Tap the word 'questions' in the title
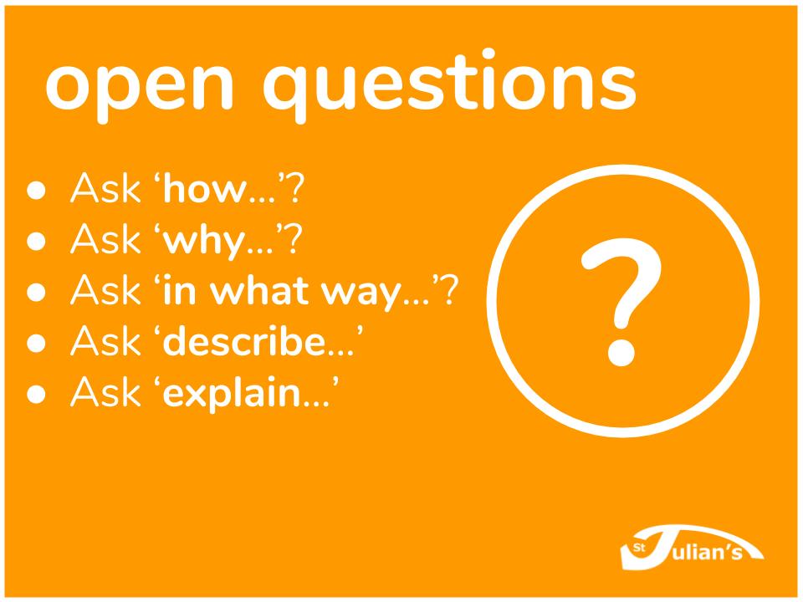(449, 85)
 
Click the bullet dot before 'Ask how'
(36, 190)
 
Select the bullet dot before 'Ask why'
(36, 241)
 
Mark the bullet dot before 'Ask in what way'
(36, 292)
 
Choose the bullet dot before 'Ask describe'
(36, 343)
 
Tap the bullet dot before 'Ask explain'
(36, 394)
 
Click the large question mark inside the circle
(621, 302)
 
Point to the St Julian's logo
(692, 547)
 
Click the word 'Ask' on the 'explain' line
(105, 392)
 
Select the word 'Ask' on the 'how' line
(105, 187)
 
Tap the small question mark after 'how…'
(295, 188)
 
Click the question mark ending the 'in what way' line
(448, 290)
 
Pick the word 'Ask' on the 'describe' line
(105, 341)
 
